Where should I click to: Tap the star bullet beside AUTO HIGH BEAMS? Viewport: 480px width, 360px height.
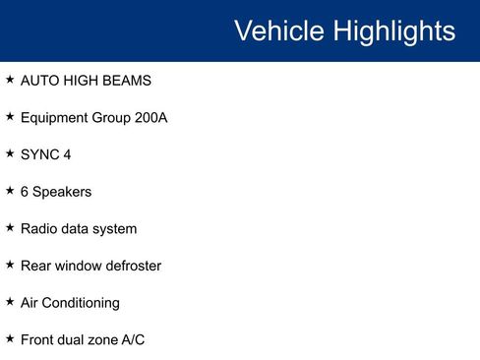(x=10, y=79)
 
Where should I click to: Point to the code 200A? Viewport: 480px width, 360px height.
(x=150, y=117)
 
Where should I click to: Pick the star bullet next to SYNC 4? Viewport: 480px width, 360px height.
(x=10, y=153)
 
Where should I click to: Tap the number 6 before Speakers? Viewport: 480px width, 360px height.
(x=25, y=192)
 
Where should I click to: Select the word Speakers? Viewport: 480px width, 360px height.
(x=62, y=192)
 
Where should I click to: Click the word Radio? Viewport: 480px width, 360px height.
(x=39, y=228)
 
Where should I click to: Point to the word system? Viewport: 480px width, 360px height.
(x=114, y=228)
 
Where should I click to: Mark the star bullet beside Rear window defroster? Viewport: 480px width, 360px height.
(x=10, y=265)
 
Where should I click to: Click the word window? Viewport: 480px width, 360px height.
(x=76, y=266)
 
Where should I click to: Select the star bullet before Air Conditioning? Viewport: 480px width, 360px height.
(x=10, y=302)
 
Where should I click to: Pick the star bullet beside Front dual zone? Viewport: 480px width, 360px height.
(x=10, y=338)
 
